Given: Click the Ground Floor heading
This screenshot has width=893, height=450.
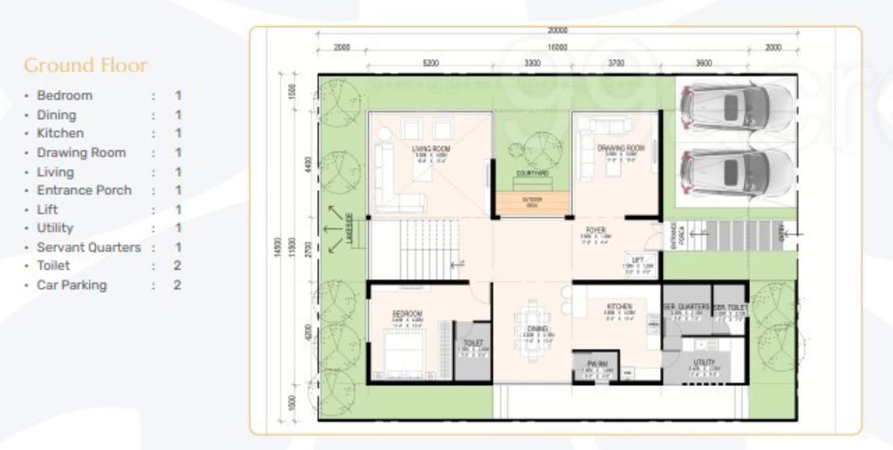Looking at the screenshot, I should [86, 66].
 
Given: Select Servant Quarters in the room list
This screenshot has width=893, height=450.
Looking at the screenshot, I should [89, 247].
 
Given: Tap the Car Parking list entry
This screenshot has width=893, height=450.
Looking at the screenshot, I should [72, 285].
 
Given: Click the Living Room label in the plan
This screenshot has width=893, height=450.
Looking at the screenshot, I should [431, 148].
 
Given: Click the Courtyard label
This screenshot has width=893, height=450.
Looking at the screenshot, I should [533, 173].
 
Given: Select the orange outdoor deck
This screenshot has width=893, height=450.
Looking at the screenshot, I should [532, 204].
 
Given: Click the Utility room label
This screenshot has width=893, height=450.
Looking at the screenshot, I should [705, 362].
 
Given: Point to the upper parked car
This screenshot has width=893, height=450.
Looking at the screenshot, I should [735, 106].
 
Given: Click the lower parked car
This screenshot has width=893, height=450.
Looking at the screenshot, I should [735, 173].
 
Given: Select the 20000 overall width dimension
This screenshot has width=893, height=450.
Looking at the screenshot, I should [557, 31].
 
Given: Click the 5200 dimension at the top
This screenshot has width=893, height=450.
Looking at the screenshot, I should [430, 64].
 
